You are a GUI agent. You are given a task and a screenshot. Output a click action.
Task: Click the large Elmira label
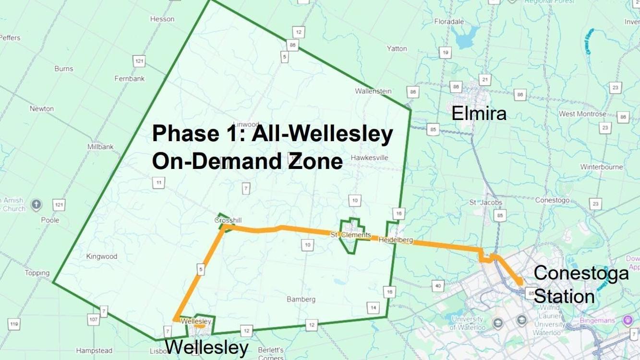(479, 114)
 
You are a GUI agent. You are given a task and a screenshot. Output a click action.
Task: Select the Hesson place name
(162, 19)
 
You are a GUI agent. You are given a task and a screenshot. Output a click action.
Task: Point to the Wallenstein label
(373, 91)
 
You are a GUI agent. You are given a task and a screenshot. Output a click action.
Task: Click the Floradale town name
(449, 22)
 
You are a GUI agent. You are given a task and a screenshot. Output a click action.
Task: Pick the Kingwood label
(101, 256)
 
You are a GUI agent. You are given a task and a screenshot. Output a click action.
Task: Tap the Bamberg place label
(301, 299)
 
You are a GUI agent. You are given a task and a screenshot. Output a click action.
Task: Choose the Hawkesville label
(369, 157)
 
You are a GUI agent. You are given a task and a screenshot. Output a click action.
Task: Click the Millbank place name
(100, 147)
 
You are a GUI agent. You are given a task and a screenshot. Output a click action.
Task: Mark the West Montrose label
(582, 114)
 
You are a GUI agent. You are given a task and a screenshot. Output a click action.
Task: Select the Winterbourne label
(602, 167)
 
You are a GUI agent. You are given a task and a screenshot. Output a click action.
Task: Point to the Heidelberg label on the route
(395, 240)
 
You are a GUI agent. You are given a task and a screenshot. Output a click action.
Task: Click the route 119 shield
(14, 324)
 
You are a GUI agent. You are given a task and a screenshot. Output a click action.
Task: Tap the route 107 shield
(93, 319)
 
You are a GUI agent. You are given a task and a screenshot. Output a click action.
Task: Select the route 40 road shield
(437, 286)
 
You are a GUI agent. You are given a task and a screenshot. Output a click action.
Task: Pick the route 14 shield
(373, 308)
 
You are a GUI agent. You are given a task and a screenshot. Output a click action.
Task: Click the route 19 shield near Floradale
(445, 53)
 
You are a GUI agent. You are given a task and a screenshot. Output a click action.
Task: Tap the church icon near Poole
(36, 205)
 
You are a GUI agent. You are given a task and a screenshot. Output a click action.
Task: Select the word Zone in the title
(315, 161)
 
